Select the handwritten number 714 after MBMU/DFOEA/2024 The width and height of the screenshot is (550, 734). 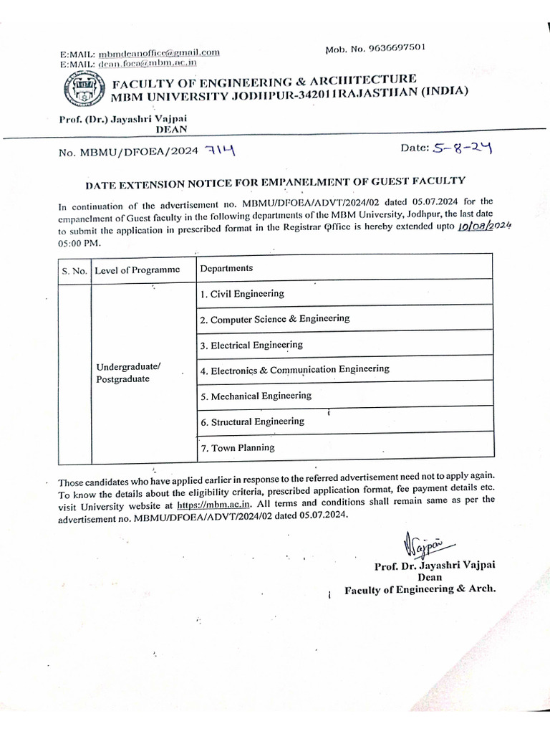point(219,151)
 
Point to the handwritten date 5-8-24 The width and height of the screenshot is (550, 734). point(461,148)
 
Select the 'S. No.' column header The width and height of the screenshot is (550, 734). point(74,271)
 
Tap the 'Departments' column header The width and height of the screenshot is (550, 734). point(226,268)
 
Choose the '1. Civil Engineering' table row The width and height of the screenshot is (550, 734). point(242,294)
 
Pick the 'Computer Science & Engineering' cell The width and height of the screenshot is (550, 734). point(275,319)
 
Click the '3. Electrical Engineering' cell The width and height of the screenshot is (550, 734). point(251,345)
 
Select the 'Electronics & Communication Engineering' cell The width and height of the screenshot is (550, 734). point(295,370)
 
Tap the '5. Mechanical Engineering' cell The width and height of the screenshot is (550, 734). point(256,396)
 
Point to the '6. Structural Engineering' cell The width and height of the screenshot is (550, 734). point(252,421)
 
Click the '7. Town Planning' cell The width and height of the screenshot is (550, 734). point(237,447)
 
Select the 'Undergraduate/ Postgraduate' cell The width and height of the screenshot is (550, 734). point(128,373)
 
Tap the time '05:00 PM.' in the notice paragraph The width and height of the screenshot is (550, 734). point(79,244)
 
